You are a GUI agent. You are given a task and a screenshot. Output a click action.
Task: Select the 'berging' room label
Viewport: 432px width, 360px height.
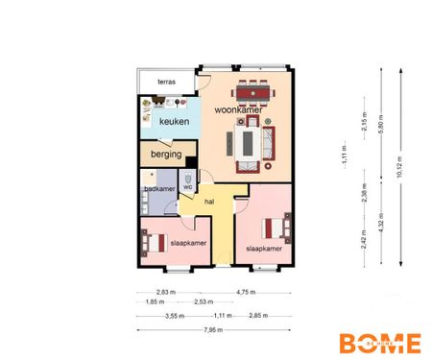coord(162,155)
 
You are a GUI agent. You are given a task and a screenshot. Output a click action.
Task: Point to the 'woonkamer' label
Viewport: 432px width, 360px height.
coord(237,111)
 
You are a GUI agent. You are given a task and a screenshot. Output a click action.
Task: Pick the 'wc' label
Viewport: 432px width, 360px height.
coord(188,187)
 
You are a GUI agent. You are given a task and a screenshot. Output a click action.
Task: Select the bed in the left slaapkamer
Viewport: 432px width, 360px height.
coord(156,241)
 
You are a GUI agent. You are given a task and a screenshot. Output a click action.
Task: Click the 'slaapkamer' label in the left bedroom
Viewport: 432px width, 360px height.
coord(188,244)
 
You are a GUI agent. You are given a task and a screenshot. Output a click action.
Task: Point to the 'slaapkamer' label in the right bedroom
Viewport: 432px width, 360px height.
coord(263,249)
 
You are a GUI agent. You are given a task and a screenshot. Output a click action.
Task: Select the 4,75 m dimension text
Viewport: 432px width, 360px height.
coord(250,292)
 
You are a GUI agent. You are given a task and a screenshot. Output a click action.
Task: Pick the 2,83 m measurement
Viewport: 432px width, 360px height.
coord(167,292)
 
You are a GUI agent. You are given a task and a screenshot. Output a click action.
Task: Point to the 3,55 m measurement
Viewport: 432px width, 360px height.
coord(174,315)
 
